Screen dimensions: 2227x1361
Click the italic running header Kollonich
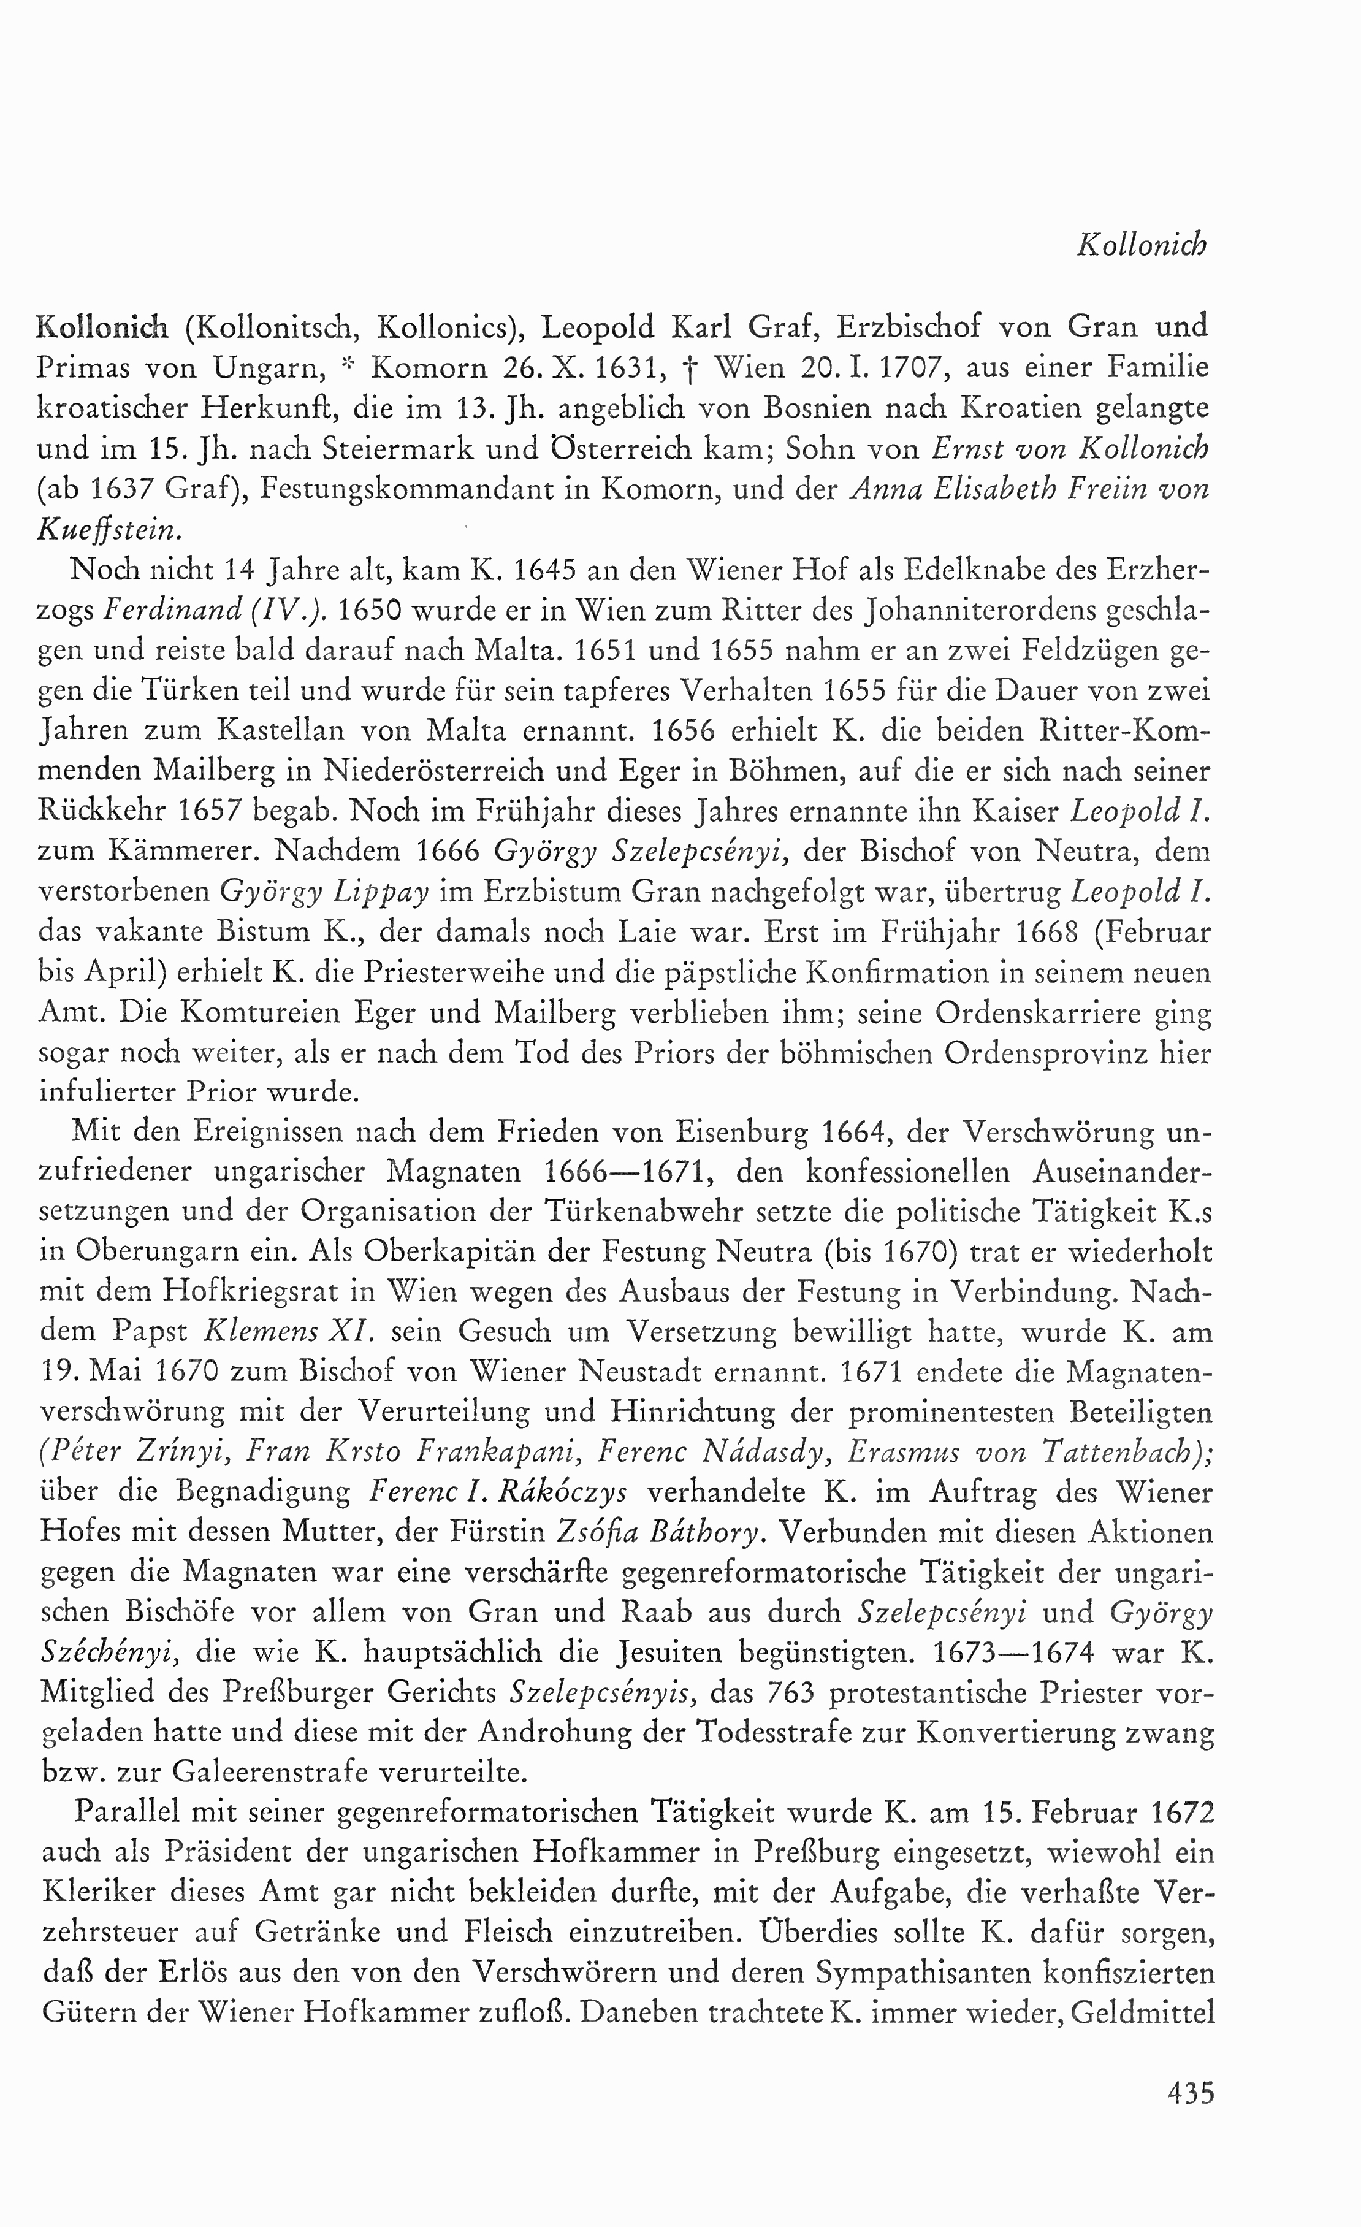click(x=1142, y=245)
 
